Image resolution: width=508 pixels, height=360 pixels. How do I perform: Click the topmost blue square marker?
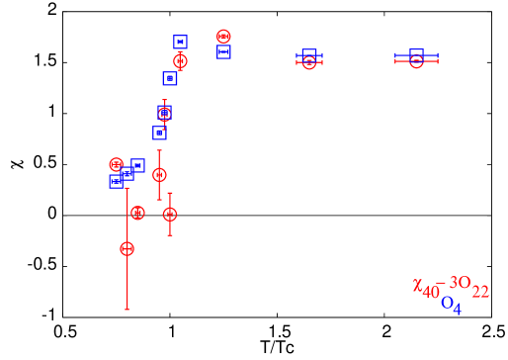pos(180,42)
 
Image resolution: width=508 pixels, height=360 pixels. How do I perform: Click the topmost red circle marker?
pos(223,37)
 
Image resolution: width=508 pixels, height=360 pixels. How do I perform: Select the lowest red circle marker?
pos(127,248)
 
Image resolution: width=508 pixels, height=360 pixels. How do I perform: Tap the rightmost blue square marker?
pos(416,55)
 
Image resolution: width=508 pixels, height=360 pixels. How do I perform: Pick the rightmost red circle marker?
pos(416,60)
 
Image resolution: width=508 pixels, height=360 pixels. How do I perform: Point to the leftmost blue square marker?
pos(116,181)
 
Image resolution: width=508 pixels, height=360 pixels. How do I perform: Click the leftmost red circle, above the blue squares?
pos(116,164)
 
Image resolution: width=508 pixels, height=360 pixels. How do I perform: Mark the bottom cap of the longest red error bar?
pos(127,310)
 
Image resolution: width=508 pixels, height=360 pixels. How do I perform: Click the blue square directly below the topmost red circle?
pos(223,51)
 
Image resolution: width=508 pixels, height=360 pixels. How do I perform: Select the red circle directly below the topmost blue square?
pos(180,60)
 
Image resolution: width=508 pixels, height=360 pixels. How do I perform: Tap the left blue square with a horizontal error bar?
pos(309,55)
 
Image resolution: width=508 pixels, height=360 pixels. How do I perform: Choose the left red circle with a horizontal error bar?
pos(309,61)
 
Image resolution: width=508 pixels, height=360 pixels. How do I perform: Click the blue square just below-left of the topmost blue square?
pos(170,78)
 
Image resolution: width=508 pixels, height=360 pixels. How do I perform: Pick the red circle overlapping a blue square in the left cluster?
pos(164,114)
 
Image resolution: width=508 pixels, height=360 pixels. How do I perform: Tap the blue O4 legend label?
pos(451,305)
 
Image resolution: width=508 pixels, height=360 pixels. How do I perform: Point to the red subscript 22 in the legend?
pos(480,292)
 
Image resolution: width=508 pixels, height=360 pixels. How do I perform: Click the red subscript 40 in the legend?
pos(431,293)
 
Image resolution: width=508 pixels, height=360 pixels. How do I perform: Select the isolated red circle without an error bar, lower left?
pos(137,213)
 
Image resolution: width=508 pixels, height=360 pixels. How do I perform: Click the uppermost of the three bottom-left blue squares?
pos(137,165)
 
